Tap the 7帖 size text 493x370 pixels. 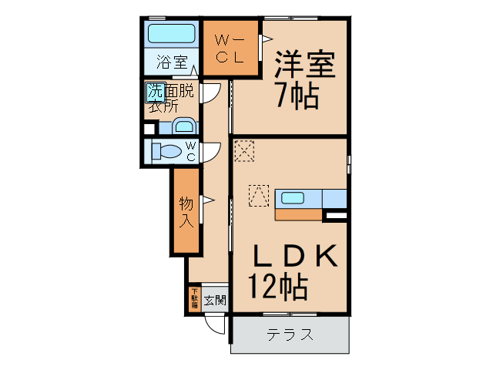pos(297,96)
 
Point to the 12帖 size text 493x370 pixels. pos(278,288)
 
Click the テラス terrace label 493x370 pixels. pos(290,335)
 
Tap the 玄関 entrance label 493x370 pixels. pos(215,300)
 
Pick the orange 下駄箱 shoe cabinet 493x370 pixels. pos(194,298)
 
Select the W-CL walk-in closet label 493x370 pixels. pos(229,49)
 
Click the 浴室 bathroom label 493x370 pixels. pos(171,61)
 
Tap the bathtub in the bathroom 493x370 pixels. pos(170,35)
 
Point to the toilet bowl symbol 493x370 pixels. pos(166,150)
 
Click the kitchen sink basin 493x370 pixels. pos(293,198)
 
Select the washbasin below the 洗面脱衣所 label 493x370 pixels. pos(184,126)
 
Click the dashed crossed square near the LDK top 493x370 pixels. pos(244,150)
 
